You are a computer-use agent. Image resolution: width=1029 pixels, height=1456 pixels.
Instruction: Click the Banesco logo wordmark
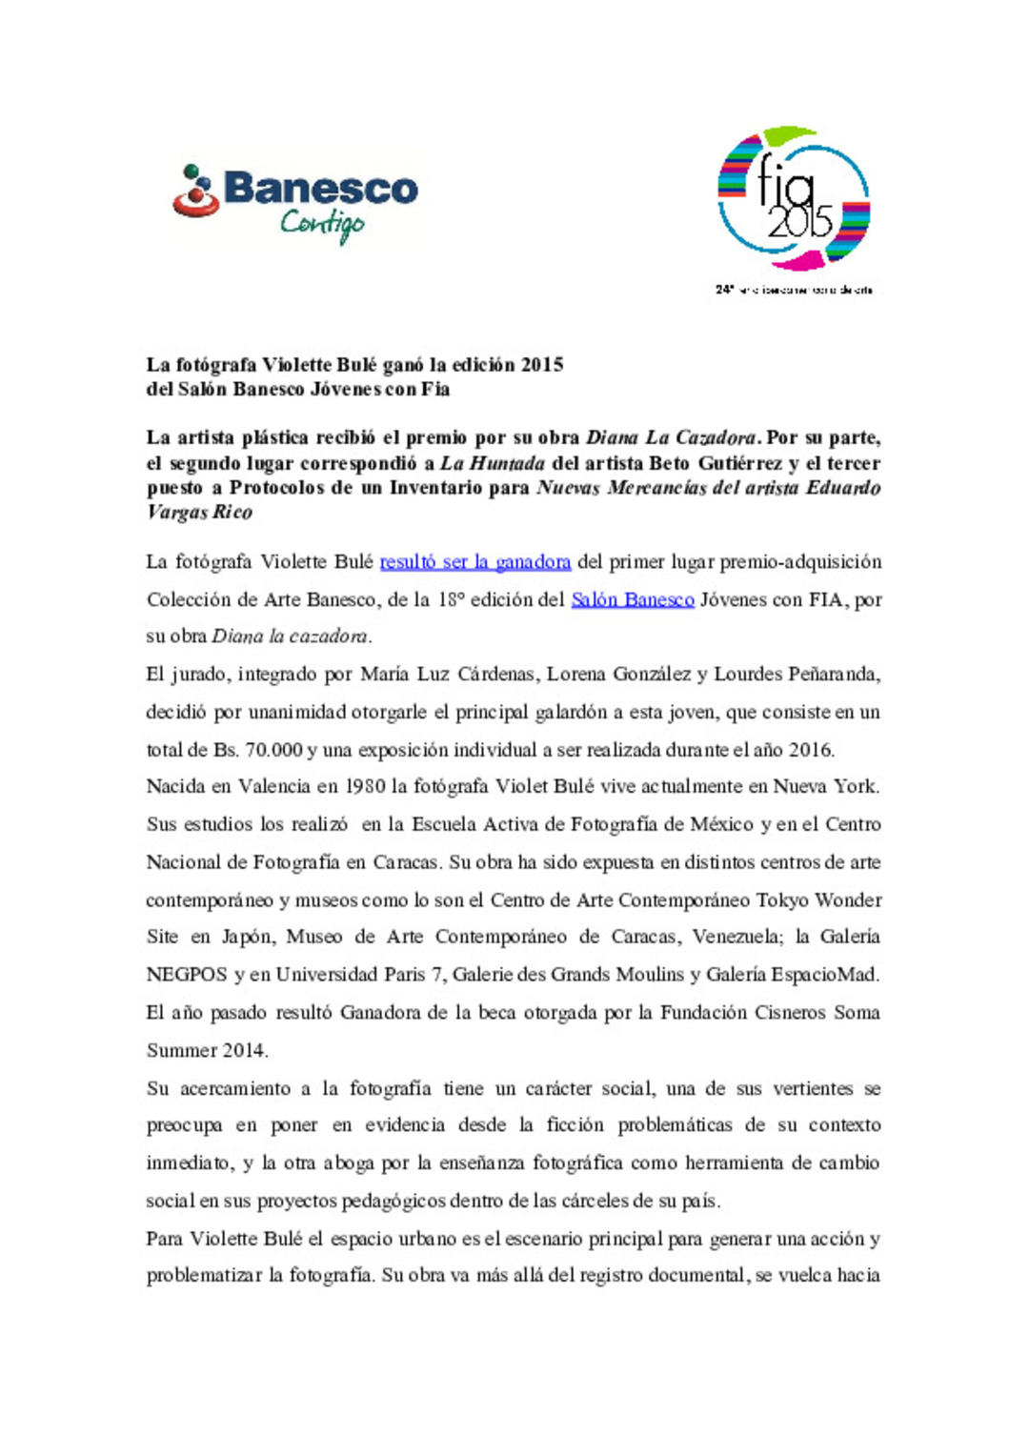[320, 189]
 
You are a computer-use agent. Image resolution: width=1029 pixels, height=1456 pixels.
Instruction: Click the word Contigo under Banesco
[322, 225]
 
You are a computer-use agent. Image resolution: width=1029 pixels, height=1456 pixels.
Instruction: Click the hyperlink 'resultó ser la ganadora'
[475, 562]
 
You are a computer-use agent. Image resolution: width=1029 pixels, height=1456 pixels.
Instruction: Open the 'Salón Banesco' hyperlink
[633, 599]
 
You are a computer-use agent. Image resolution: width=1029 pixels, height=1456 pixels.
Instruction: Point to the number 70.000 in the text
[274, 750]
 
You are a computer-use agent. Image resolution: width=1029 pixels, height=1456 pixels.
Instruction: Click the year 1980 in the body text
[365, 787]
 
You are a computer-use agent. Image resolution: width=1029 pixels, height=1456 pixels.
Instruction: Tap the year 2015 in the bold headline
[542, 365]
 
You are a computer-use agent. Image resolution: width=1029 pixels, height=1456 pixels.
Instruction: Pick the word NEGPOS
[187, 975]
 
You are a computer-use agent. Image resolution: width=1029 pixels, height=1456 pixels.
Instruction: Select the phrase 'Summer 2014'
[207, 1051]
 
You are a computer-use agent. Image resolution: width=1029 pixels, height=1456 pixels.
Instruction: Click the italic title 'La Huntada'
[493, 464]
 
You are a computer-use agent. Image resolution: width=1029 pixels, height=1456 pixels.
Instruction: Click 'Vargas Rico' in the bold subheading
[200, 513]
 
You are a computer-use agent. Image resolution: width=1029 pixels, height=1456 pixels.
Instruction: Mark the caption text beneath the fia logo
[794, 290]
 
